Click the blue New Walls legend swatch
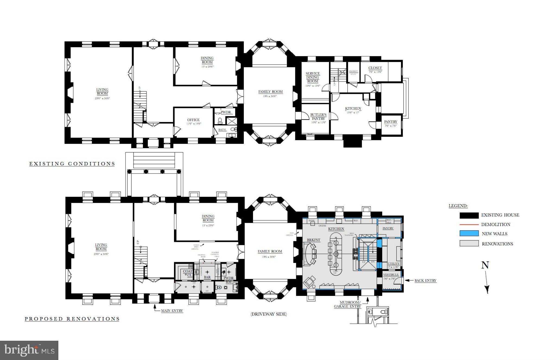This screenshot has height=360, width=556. pos(469,233)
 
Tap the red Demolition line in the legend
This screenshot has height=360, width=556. pos(469,224)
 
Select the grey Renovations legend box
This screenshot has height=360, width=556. pos(469,243)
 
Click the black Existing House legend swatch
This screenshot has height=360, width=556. pos(469,215)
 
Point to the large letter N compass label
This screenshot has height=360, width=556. pos(485,265)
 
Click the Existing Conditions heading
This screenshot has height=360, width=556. pos(72,164)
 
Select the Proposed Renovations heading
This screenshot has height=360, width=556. pos(72,319)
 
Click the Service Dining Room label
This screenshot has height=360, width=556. pos(313,77)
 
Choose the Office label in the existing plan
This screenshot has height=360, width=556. pos(193,120)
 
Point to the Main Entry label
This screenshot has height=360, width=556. pos(172,311)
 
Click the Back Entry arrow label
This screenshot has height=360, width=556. pos(425,280)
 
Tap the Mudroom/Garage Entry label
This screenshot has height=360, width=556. pos(347,304)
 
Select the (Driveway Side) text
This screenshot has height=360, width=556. pos(268,314)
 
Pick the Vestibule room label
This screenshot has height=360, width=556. pos(391,275)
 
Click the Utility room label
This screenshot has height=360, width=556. pos(393,264)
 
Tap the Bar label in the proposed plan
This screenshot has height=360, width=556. pos(207,277)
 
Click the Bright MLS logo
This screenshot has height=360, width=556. pos(29,350)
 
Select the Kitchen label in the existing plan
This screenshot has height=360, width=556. pos(353,108)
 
